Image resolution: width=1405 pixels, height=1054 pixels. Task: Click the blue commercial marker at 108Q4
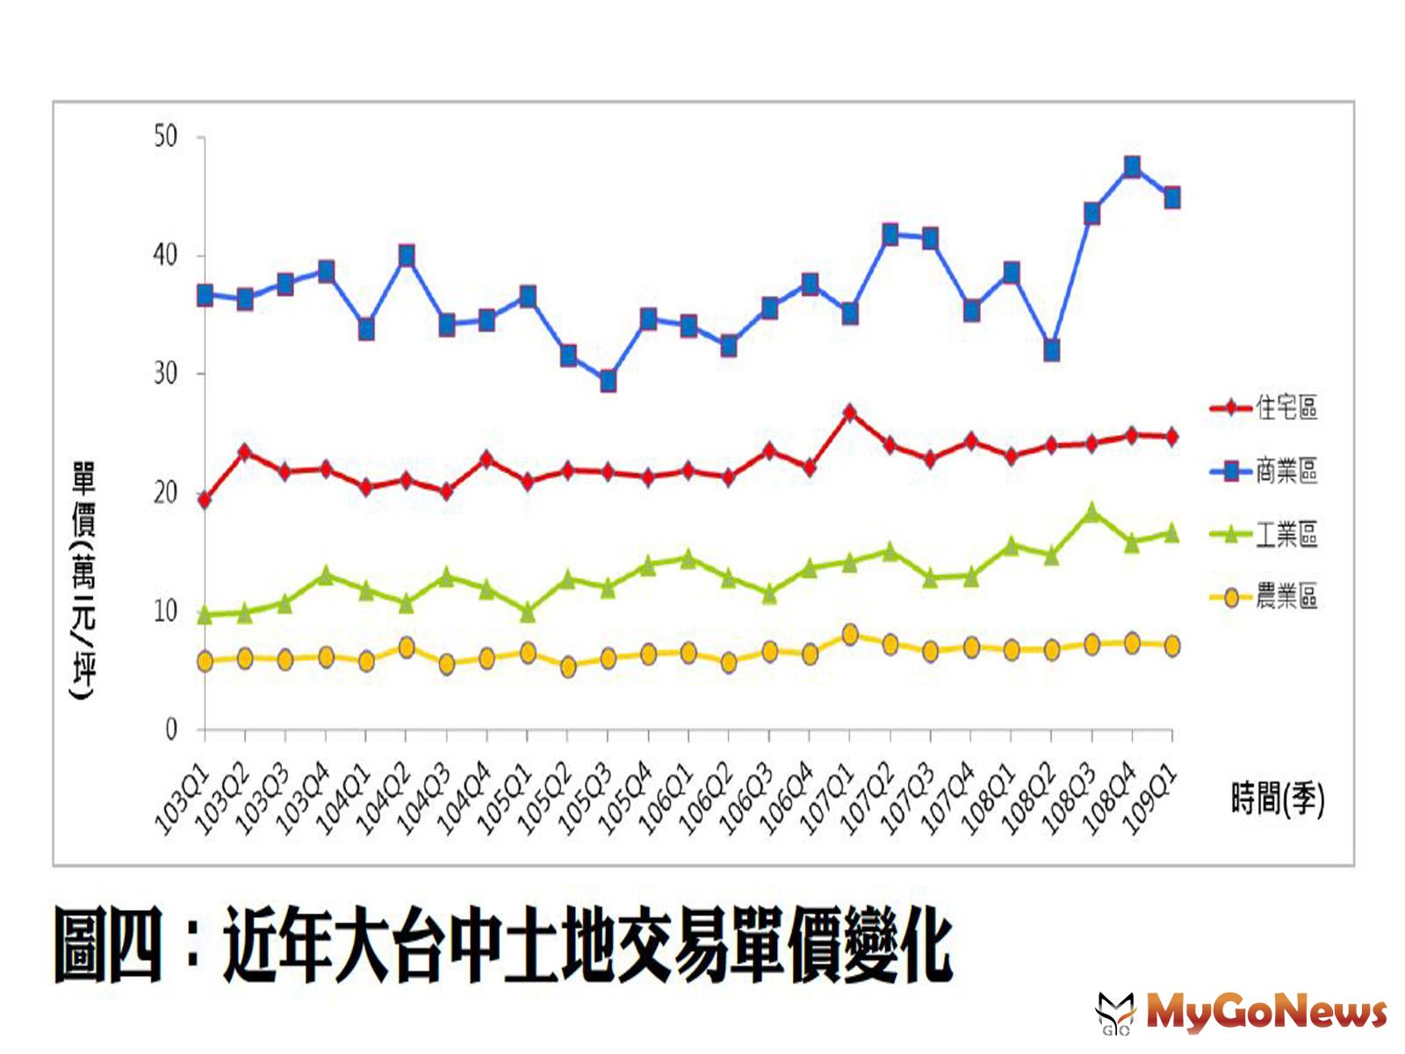pos(1132,167)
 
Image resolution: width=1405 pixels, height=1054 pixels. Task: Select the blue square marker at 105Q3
pos(608,381)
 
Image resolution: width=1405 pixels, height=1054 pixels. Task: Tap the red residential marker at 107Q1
pos(849,412)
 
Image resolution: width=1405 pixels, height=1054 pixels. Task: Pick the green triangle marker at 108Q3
pos(1092,512)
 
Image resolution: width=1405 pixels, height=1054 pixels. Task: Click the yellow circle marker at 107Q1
pos(849,634)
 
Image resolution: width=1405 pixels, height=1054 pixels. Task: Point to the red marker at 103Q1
pos(205,500)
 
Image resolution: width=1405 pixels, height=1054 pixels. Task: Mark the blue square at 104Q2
pos(407,256)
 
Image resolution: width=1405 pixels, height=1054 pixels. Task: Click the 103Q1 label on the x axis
pos(182,799)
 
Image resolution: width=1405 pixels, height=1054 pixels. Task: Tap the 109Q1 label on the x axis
pos(1150,799)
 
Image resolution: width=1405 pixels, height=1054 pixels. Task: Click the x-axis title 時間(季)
pos(1277,799)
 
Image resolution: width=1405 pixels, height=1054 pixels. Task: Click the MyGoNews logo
pos(1242,1013)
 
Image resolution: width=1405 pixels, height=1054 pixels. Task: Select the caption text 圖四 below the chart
pos(108,945)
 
